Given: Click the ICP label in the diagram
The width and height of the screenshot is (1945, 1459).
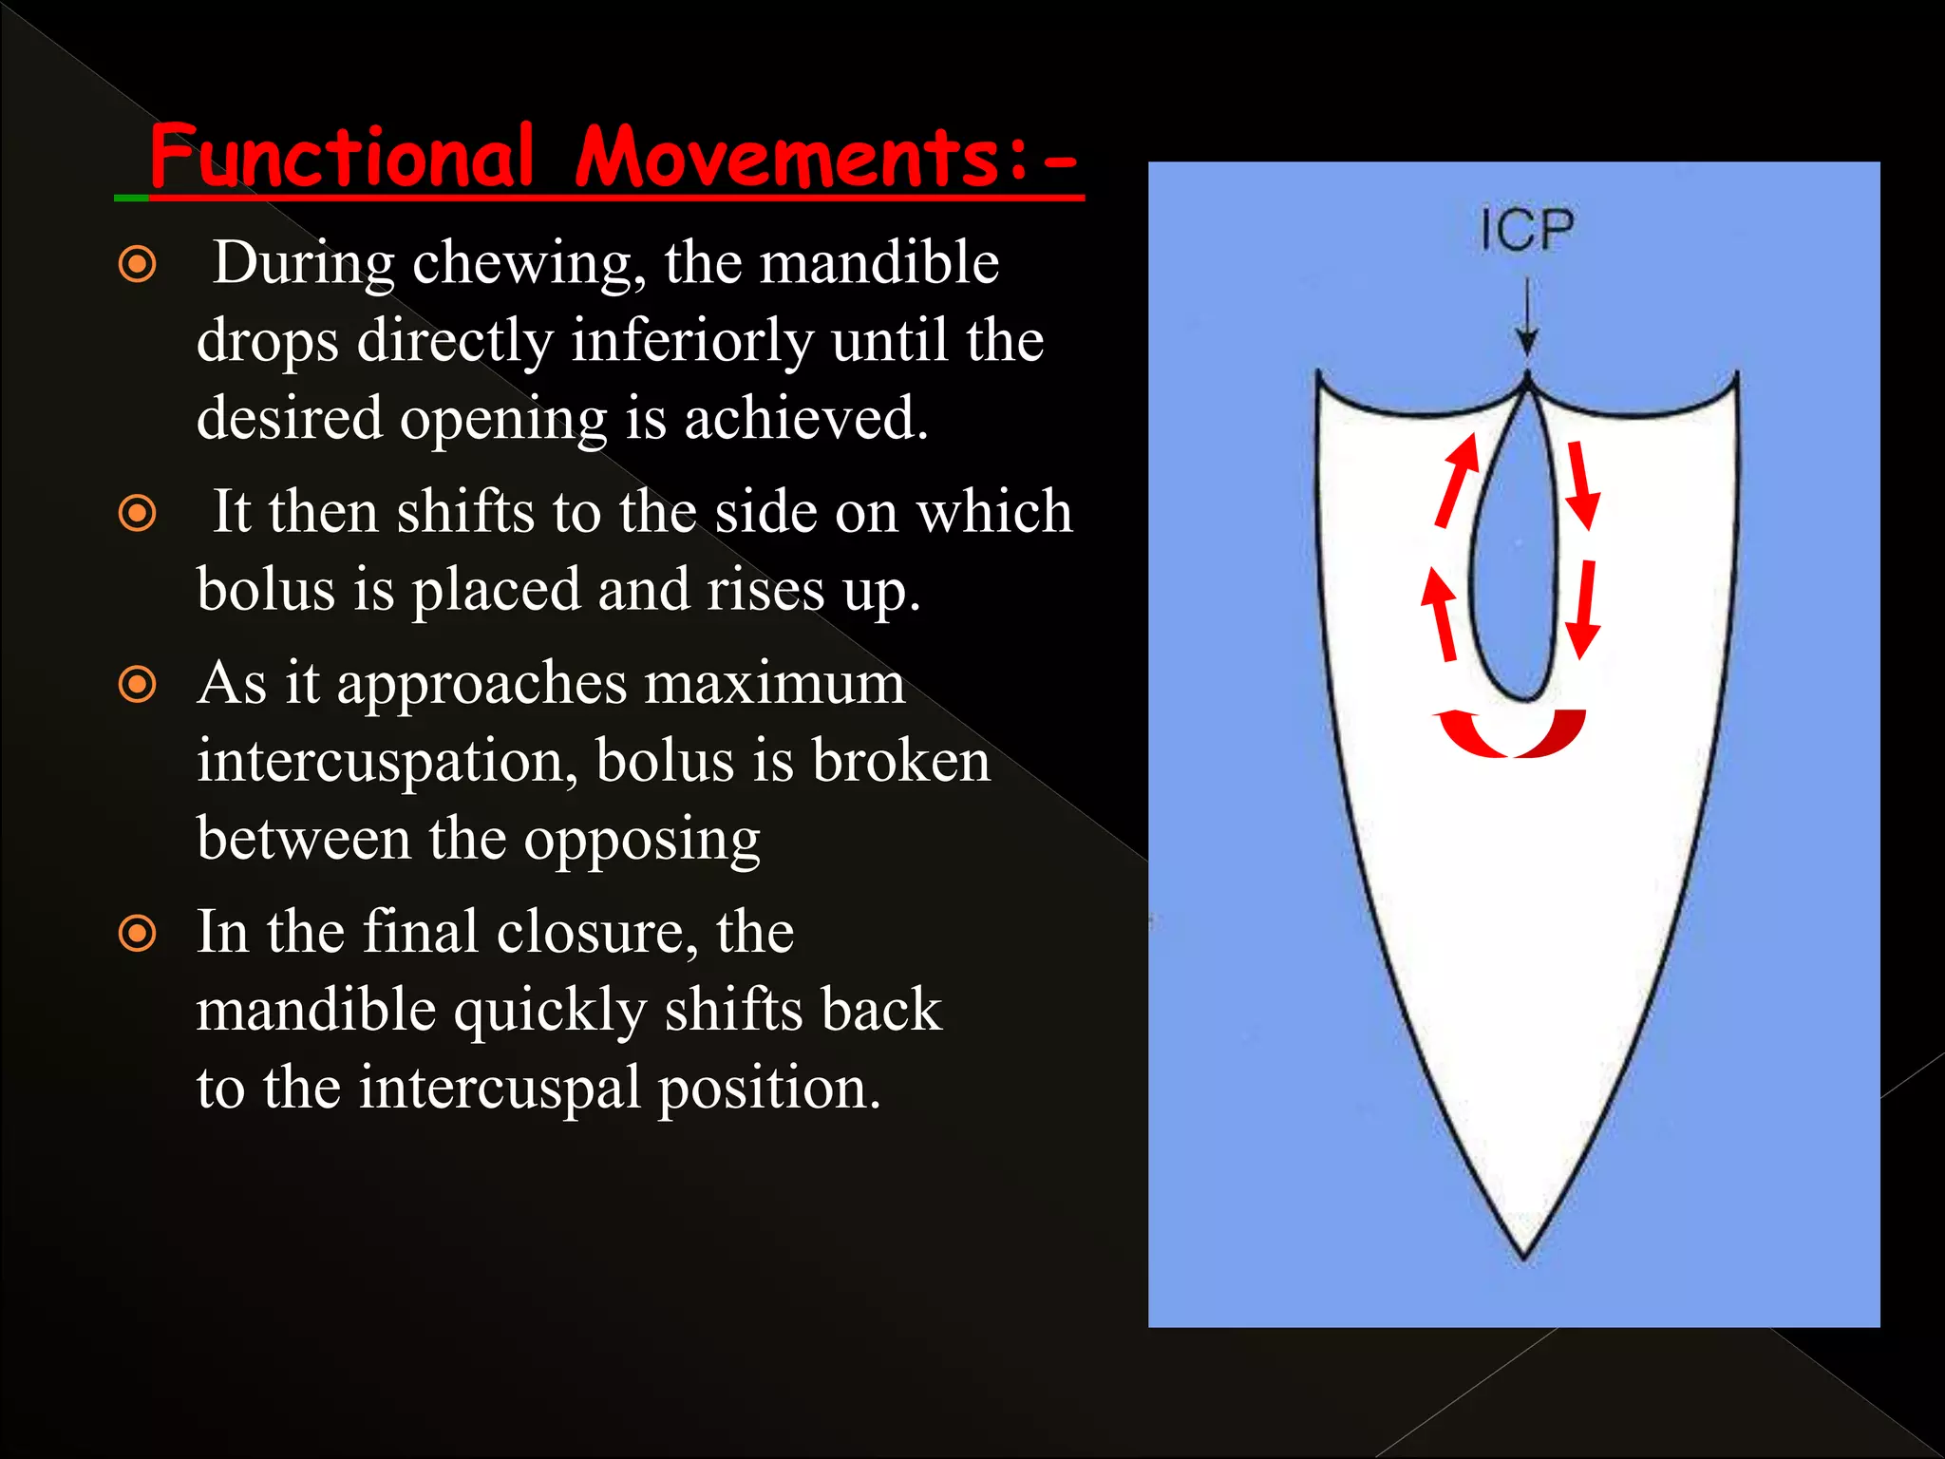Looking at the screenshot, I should (x=1526, y=231).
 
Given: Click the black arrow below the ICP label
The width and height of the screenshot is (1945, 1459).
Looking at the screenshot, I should (x=1526, y=318).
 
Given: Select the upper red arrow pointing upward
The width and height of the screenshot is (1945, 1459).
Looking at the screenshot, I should (x=1458, y=480).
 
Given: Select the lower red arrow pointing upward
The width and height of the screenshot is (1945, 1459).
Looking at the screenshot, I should (x=1441, y=615).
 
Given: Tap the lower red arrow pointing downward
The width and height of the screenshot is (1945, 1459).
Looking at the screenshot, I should (x=1583, y=611).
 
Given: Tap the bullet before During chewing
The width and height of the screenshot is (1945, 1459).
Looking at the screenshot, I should (x=138, y=263).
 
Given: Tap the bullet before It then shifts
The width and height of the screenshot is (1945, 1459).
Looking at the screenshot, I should (x=138, y=514).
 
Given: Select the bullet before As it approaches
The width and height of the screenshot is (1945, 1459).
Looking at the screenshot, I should (x=138, y=684).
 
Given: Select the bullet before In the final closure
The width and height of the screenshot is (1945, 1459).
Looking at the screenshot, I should (x=138, y=933).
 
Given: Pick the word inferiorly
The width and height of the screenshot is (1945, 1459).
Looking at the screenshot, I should (x=691, y=340).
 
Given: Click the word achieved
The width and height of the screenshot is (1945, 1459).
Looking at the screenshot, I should (x=805, y=418).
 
